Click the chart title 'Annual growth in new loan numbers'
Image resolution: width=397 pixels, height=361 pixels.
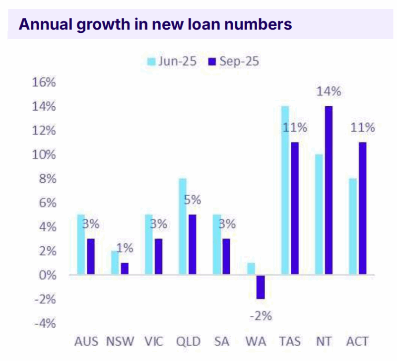click(x=154, y=24)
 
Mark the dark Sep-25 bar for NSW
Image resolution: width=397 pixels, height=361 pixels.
click(x=124, y=269)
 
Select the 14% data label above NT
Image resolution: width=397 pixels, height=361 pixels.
click(x=329, y=91)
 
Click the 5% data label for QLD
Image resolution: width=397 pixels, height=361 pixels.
click(x=192, y=200)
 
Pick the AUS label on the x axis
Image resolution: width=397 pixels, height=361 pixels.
click(x=87, y=342)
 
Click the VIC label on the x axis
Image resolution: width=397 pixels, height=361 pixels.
click(x=154, y=342)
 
